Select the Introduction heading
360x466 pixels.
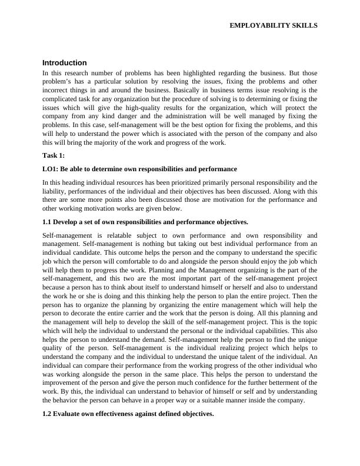[x=65, y=63]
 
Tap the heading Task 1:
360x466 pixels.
[x=54, y=155]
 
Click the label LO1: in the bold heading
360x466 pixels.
[x=51, y=169]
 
